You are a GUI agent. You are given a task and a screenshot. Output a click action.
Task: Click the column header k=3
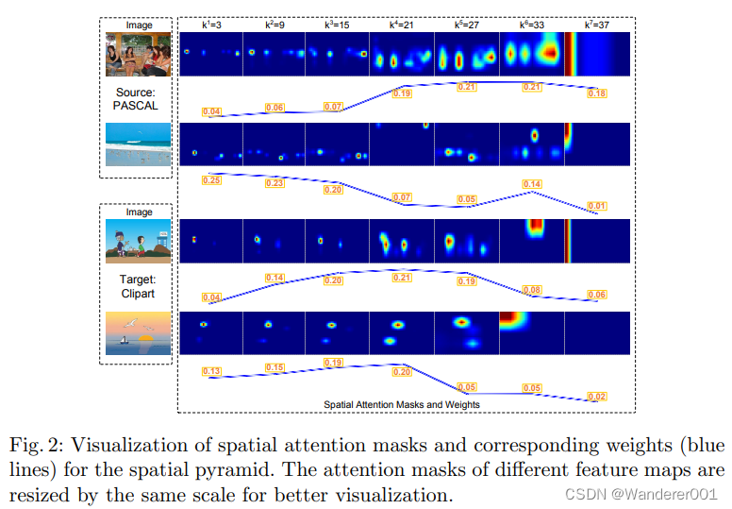pos(210,25)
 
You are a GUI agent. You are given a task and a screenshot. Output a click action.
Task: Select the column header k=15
pos(337,25)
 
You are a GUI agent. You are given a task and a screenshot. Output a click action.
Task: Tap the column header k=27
pos(466,25)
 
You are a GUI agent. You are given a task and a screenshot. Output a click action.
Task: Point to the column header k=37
pos(596,25)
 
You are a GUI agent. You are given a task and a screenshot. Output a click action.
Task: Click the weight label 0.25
pos(212,179)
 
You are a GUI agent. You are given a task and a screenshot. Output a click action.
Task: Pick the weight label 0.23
pos(274,183)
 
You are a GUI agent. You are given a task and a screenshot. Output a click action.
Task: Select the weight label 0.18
pos(596,93)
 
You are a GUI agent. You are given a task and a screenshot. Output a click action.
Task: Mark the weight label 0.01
pos(596,205)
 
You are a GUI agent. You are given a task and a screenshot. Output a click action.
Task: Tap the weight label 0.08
pos(532,290)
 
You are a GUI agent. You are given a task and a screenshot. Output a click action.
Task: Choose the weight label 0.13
pos(212,371)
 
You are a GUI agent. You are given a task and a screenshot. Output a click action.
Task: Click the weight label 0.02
pos(596,396)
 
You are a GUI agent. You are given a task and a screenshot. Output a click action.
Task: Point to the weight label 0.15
pos(274,367)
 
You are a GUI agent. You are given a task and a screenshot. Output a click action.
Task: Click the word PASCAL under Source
pos(137,105)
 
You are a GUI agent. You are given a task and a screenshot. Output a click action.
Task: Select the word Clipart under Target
pos(137,294)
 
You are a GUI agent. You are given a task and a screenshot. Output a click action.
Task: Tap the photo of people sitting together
pos(138,55)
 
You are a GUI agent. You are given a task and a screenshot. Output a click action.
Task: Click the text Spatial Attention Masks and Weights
pos(402,404)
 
